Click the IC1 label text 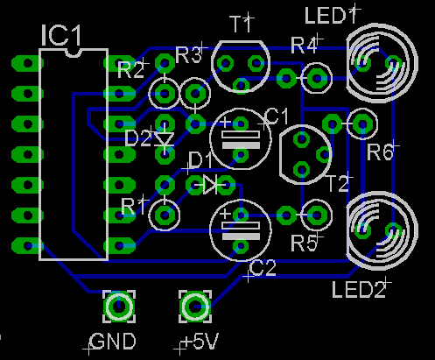click(x=60, y=35)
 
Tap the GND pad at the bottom click(x=119, y=307)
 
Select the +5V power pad click(x=195, y=307)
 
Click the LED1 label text click(x=331, y=16)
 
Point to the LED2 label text click(x=359, y=290)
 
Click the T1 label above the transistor click(x=240, y=25)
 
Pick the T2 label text click(x=337, y=184)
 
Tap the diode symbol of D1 click(x=210, y=185)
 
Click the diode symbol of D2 click(x=165, y=139)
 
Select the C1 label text click(x=277, y=116)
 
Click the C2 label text click(x=263, y=269)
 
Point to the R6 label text click(x=380, y=152)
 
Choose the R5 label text click(x=304, y=244)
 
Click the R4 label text click(x=304, y=46)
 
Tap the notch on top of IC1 click(x=74, y=53)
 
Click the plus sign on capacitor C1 click(x=225, y=122)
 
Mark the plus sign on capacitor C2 click(x=225, y=214)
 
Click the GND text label click(x=113, y=342)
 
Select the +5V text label click(x=200, y=342)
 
